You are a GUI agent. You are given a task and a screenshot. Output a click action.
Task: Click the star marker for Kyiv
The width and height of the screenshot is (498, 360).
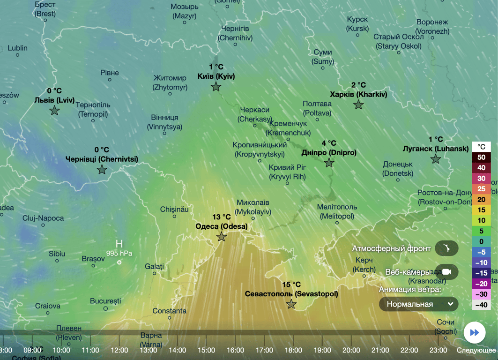tap(216, 87)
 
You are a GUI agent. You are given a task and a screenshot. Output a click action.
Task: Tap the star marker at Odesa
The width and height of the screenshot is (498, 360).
tap(222, 237)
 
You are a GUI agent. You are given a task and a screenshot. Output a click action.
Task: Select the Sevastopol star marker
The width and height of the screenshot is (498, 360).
tap(291, 305)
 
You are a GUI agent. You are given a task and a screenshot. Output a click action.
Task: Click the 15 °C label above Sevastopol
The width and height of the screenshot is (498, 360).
tap(291, 285)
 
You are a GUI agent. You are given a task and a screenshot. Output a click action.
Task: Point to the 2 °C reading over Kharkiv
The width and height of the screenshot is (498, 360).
tap(358, 85)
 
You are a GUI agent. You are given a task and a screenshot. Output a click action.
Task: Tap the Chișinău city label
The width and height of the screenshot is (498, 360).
tap(174, 210)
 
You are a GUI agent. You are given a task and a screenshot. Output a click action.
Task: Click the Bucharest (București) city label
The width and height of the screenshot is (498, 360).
tap(105, 300)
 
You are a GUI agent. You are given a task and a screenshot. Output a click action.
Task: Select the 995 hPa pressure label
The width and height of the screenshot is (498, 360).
tap(119, 254)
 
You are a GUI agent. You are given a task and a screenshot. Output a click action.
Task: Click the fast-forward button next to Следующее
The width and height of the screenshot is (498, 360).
tap(475, 332)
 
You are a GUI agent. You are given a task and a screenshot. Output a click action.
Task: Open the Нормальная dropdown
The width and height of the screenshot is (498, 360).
tap(418, 304)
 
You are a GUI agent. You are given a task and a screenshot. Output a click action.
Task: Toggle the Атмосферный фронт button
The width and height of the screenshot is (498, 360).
tap(446, 248)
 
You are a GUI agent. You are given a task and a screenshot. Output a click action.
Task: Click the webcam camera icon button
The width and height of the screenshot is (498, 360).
tap(446, 272)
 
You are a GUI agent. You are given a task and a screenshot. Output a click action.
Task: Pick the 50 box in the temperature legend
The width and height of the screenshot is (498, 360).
tap(481, 157)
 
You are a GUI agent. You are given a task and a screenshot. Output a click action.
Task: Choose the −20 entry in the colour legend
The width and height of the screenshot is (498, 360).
tap(481, 284)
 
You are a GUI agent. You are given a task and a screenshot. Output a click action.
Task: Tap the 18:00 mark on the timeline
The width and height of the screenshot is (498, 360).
tap(293, 350)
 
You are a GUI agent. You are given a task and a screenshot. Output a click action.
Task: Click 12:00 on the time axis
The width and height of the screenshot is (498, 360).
tap(119, 350)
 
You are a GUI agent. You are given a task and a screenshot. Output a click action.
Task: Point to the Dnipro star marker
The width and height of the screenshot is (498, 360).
tap(329, 163)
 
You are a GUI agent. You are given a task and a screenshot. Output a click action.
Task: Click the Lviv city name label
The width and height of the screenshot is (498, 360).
tap(54, 100)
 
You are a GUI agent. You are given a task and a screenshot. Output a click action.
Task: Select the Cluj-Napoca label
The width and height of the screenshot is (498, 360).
tap(43, 218)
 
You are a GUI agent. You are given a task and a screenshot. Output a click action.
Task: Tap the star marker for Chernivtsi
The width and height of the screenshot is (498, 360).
tap(102, 170)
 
